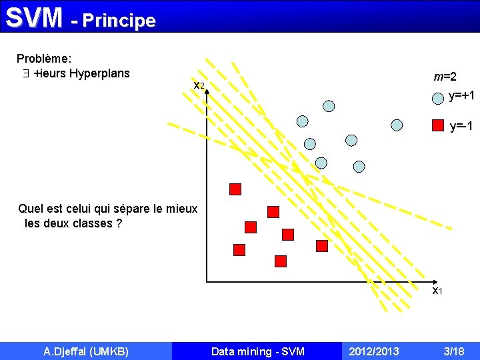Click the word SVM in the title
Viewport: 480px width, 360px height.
[x=34, y=18]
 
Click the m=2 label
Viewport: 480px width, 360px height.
[x=445, y=77]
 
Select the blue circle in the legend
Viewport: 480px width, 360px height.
[x=437, y=97]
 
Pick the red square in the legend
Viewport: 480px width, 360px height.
[x=437, y=125]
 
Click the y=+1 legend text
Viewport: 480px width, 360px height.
[x=461, y=96]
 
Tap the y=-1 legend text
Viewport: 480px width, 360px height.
[x=461, y=126]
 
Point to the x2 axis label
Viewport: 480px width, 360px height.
[x=199, y=86]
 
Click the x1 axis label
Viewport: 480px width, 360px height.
[x=437, y=290]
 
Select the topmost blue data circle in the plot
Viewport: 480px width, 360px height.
[x=329, y=105]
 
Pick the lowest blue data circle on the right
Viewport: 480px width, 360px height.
[x=359, y=167]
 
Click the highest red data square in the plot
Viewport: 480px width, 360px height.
[x=235, y=189]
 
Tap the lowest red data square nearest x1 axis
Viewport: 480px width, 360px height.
[x=281, y=261]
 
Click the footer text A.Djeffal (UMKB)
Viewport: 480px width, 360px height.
[x=86, y=351]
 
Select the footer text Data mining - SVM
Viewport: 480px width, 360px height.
[x=257, y=351]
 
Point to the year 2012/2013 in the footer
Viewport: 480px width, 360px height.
[x=373, y=351]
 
